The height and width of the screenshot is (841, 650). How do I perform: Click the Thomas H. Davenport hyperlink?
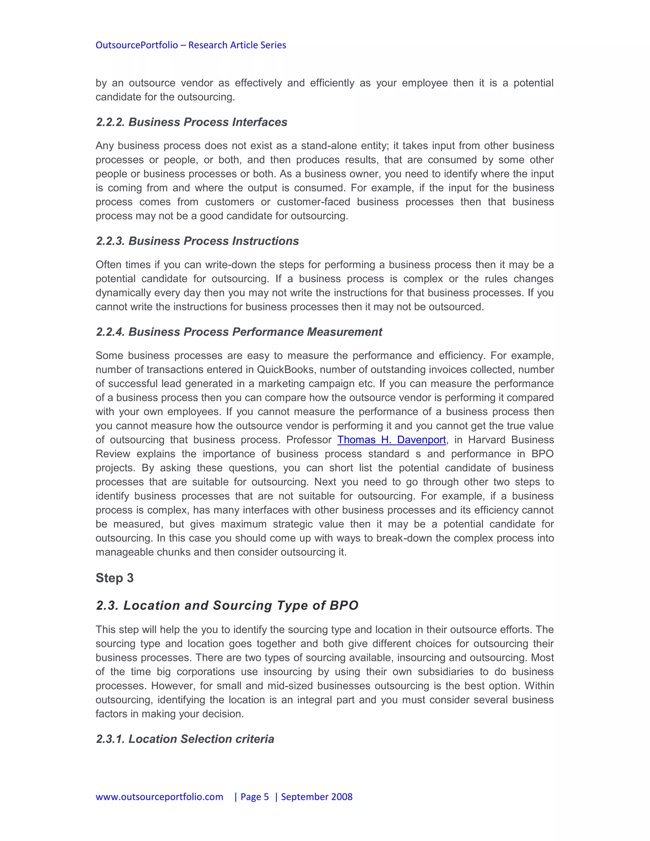391,440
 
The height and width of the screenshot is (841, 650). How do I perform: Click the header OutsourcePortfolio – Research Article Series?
191,45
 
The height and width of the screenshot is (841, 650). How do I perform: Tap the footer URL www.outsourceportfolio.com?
159,796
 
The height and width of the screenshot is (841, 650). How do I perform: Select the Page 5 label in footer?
255,796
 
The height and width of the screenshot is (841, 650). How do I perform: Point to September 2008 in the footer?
316,796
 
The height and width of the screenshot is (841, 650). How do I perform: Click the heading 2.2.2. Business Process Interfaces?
191,122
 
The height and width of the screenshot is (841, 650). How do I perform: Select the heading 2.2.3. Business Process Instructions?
197,241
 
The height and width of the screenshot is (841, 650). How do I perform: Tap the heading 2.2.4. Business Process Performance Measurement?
239,332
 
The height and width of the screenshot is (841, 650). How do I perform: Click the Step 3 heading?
114,578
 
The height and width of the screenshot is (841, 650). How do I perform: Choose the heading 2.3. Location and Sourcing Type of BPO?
227,605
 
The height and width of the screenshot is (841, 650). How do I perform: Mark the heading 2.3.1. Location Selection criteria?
185,739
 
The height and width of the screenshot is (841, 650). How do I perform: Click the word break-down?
404,538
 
